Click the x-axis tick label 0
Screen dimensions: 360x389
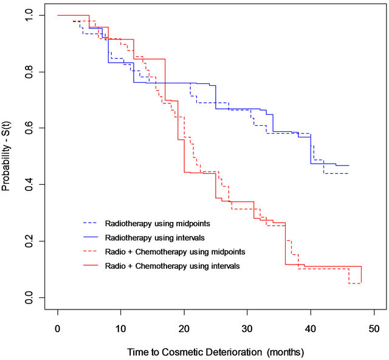tap(58, 329)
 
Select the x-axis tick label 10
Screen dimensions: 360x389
tap(121, 329)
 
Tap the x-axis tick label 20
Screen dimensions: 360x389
tap(184, 329)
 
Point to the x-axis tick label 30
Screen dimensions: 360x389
tap(247, 329)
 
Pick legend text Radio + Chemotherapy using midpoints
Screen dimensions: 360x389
tap(174, 251)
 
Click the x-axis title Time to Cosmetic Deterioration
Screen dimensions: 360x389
tap(215, 352)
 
